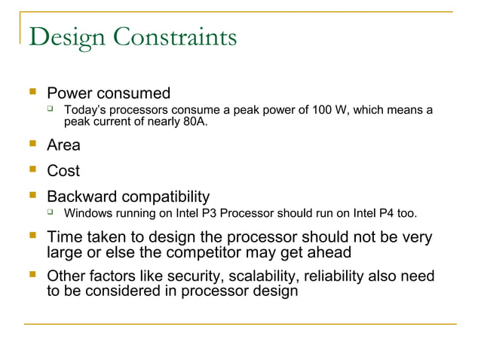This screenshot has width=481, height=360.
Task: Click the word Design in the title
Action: tap(64, 35)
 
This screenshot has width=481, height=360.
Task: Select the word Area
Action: tap(63, 145)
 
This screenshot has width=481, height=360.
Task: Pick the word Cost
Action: tap(63, 171)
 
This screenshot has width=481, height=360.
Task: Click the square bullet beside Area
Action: tap(32, 145)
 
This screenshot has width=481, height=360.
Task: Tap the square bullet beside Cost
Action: tap(32, 170)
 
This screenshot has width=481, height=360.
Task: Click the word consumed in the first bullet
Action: tap(133, 94)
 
